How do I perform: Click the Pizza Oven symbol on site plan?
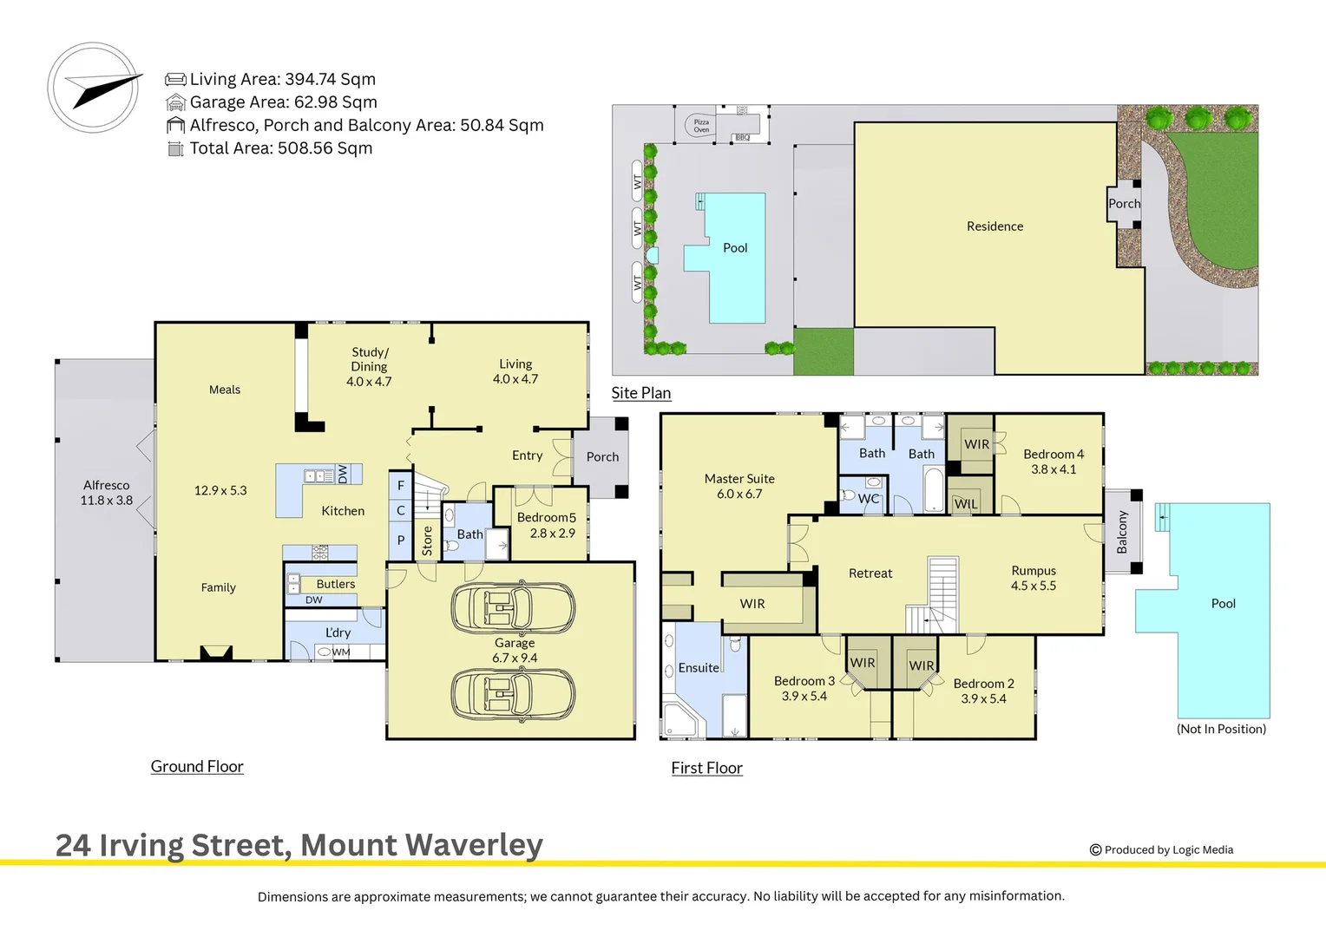(700, 126)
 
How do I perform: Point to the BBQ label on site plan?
(742, 138)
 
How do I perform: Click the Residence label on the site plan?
(994, 226)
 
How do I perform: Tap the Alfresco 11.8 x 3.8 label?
(107, 493)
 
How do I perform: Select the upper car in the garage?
(513, 608)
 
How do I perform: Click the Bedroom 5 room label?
(547, 525)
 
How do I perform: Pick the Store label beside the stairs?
(427, 541)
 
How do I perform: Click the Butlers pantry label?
(336, 584)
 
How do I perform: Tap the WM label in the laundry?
(341, 652)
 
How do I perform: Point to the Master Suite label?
(739, 486)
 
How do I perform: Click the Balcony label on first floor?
(1121, 532)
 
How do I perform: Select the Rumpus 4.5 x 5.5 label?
(1033, 578)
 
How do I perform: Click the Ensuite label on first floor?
(699, 667)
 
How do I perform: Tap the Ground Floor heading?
(197, 766)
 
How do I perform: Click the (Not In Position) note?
(1221, 729)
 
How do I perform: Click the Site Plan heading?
(641, 393)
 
